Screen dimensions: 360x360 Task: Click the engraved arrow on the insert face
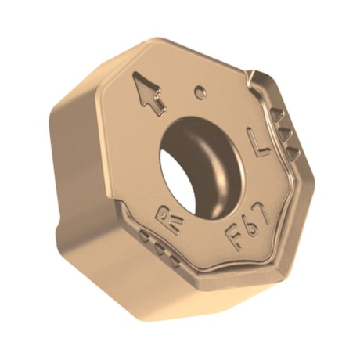(149, 92)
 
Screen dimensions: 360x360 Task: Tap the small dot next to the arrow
(200, 92)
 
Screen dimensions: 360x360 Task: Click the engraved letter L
(257, 142)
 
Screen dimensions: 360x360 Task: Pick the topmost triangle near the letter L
(278, 116)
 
